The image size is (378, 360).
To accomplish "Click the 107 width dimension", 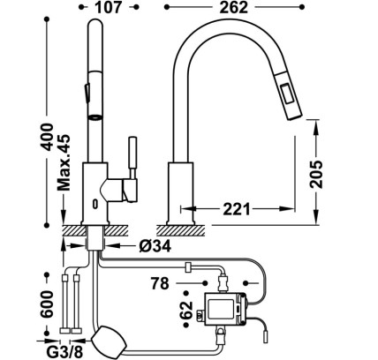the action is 108,7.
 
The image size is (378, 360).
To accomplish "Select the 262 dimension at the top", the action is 234,7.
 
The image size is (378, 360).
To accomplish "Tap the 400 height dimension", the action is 47,137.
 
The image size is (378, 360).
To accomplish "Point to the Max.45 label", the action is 64,162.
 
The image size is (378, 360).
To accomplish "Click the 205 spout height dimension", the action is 316,175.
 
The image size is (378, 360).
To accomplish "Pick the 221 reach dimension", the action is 237,209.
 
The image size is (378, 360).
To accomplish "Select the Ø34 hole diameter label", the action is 155,245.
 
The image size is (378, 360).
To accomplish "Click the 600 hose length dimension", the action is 47,304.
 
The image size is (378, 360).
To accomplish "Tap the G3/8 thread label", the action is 64,352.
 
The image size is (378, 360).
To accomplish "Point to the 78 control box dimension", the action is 160,283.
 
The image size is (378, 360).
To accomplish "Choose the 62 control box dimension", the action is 187,310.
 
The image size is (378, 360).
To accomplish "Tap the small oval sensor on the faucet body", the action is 95,204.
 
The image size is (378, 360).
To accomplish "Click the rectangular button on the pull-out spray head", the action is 286,94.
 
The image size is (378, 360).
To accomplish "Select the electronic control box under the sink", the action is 225,309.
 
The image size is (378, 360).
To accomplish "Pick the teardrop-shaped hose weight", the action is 109,341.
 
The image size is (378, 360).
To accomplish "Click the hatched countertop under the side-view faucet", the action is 181,230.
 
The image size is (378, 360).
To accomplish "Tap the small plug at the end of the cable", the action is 266,336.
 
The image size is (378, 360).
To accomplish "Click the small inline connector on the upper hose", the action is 187,267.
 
